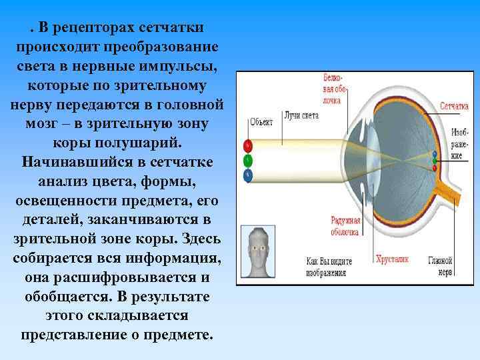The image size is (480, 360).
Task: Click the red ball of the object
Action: (x=248, y=145)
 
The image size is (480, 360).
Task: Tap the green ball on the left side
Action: (x=248, y=160)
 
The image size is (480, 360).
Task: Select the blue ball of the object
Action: (x=248, y=175)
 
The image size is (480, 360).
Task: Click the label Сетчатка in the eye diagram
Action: (x=454, y=107)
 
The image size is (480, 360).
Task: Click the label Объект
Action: (x=261, y=122)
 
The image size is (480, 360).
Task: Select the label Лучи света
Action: (x=301, y=115)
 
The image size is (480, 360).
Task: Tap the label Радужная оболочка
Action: (x=345, y=226)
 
